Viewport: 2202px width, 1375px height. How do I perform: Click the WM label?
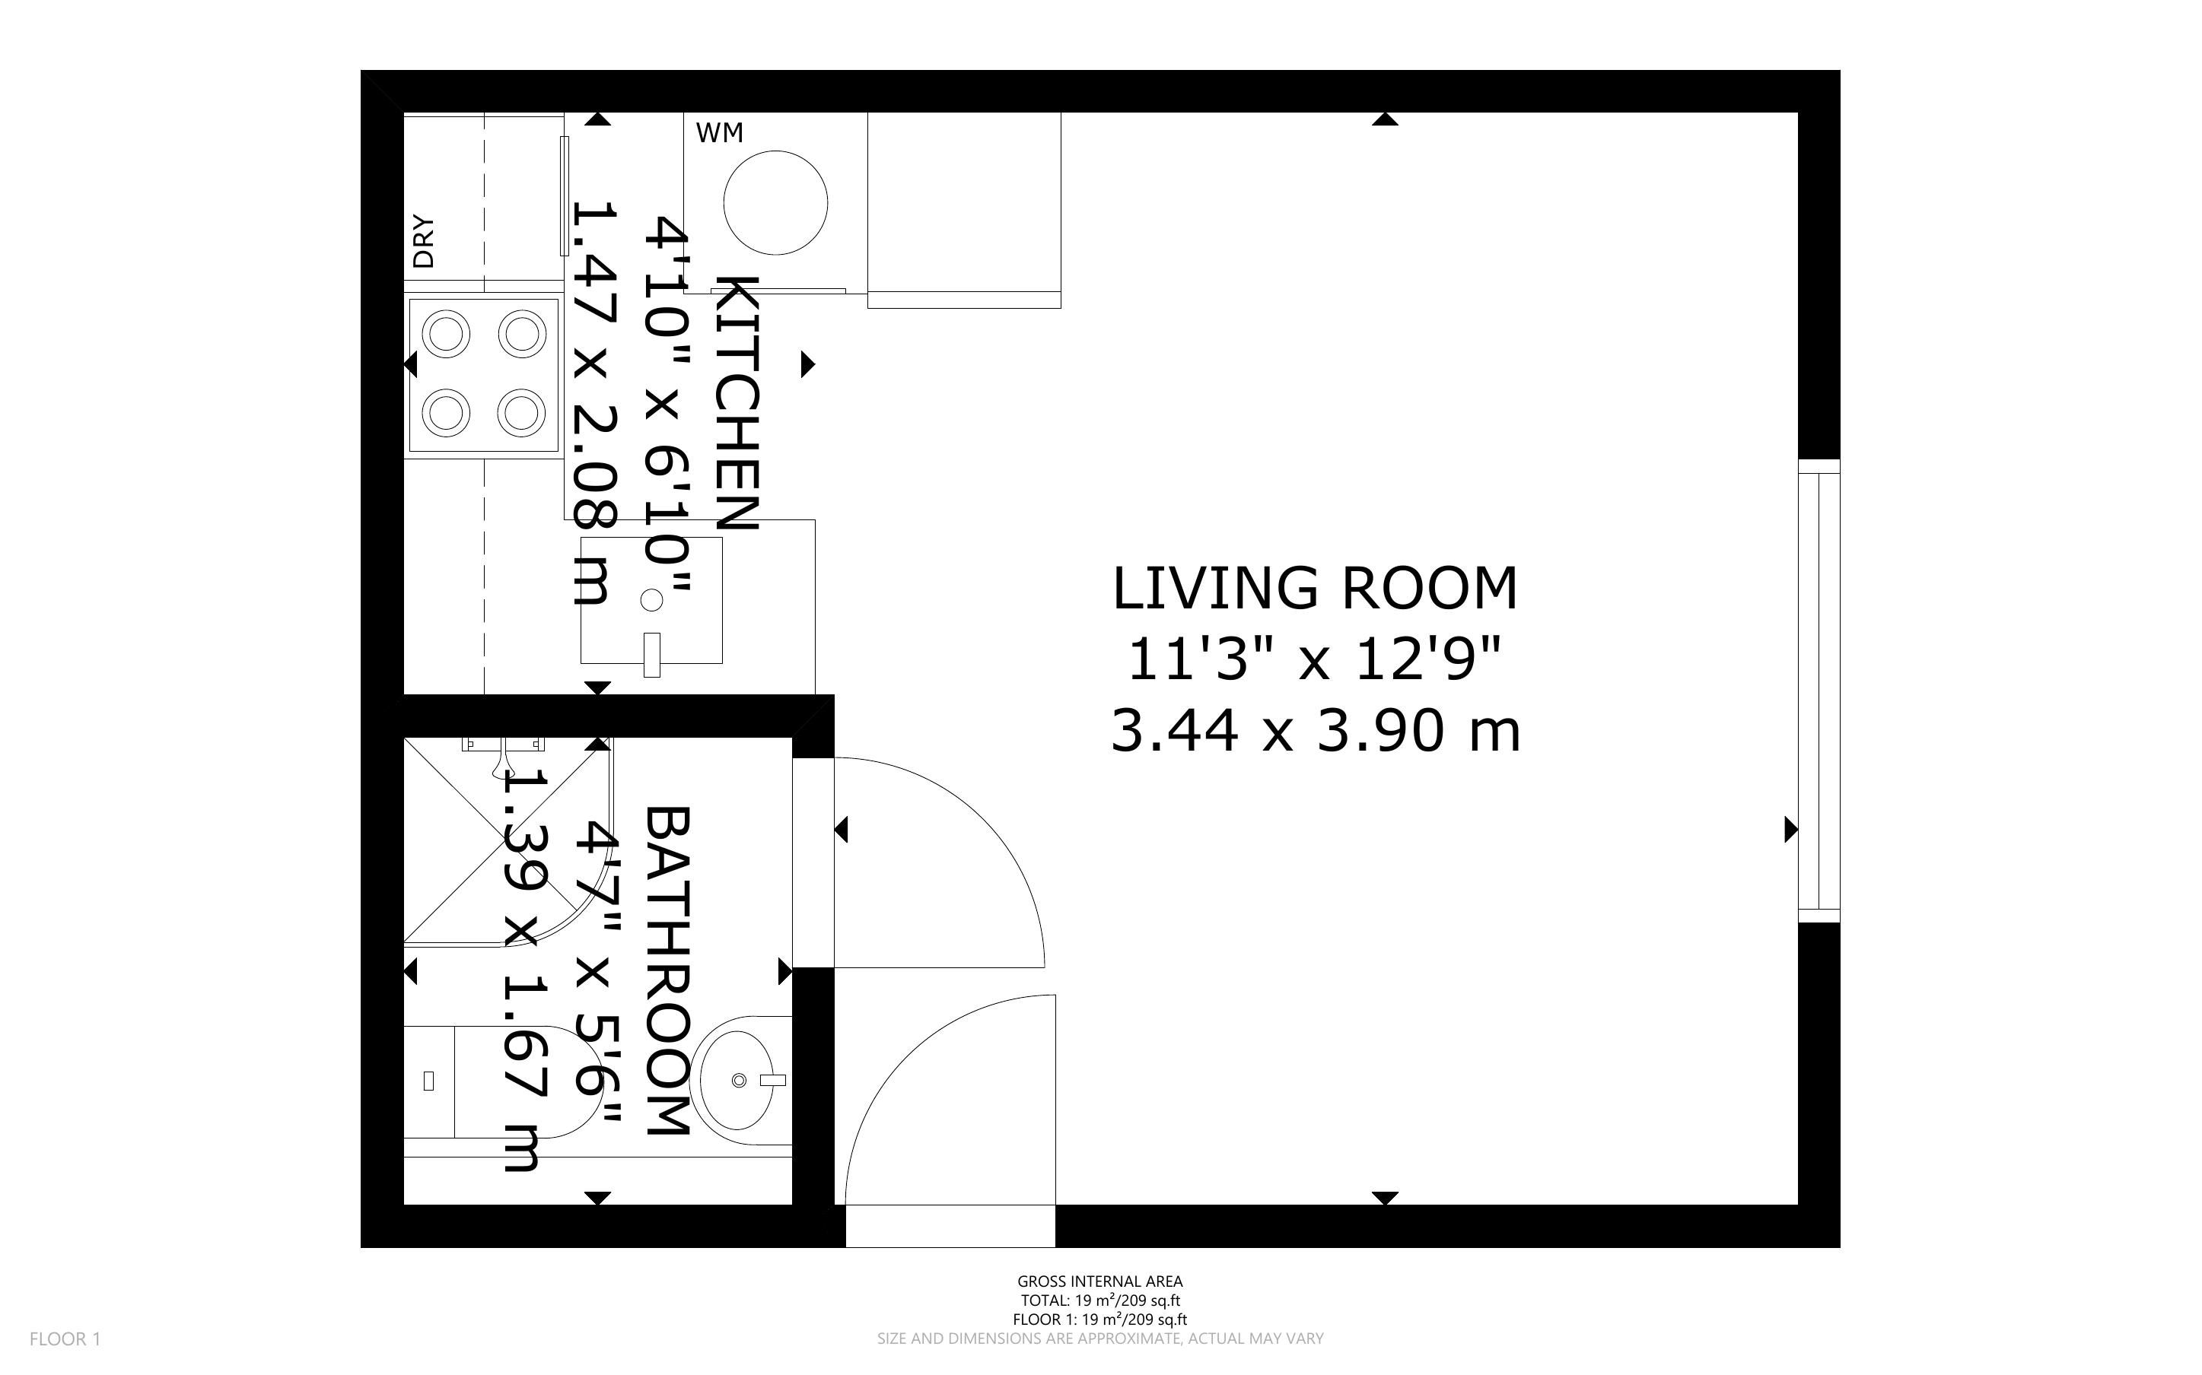(720, 133)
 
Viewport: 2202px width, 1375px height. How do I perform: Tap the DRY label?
(424, 241)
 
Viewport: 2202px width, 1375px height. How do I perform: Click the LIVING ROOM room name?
(1316, 589)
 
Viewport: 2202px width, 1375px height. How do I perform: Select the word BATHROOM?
(669, 970)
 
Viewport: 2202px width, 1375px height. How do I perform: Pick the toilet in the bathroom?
(500, 1081)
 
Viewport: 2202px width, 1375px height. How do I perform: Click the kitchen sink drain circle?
(651, 600)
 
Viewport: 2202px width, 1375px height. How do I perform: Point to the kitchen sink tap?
(651, 655)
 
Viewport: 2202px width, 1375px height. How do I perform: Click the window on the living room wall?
(1819, 691)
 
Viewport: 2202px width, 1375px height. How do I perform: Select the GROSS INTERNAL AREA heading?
(1099, 1281)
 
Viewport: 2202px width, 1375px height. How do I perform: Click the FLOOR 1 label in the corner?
(65, 1338)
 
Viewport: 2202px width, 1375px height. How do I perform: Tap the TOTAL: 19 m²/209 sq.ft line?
(1099, 1300)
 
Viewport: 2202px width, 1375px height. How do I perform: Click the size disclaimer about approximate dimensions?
(1099, 1338)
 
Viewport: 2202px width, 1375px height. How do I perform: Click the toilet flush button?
(429, 1081)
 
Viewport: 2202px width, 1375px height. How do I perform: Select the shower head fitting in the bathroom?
(503, 751)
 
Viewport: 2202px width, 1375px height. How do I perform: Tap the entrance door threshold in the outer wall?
(950, 1226)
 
